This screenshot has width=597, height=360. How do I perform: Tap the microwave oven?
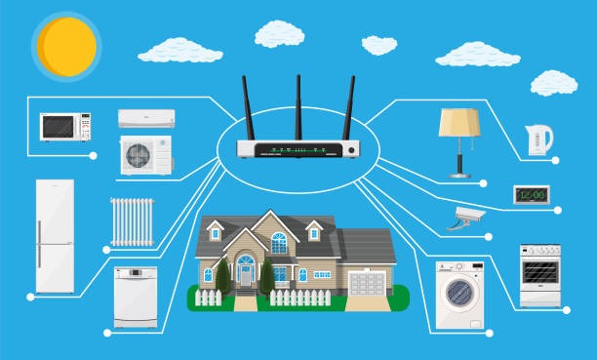click(x=65, y=127)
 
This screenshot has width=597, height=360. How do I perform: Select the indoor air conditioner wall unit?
click(x=145, y=118)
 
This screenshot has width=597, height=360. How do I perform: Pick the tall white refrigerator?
click(x=55, y=235)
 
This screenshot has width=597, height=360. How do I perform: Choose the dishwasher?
click(x=135, y=297)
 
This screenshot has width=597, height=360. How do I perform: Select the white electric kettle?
click(x=537, y=140)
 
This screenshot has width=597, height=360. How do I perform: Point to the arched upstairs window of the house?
click(x=279, y=241)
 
